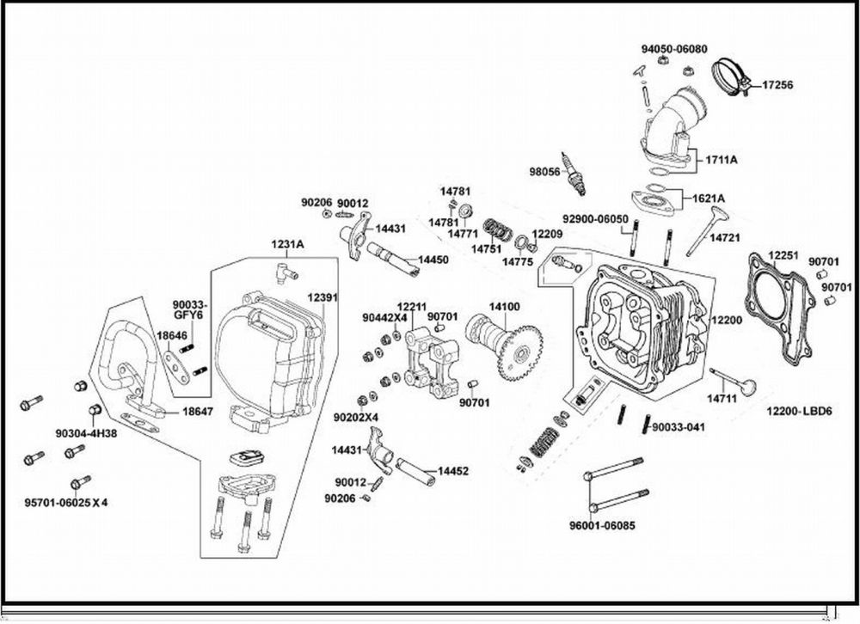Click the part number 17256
(778, 84)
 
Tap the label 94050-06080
(673, 49)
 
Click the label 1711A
(722, 160)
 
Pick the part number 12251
(783, 255)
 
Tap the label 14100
(505, 307)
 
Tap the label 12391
(322, 297)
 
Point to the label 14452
(453, 471)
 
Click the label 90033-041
(679, 426)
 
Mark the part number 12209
(547, 233)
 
